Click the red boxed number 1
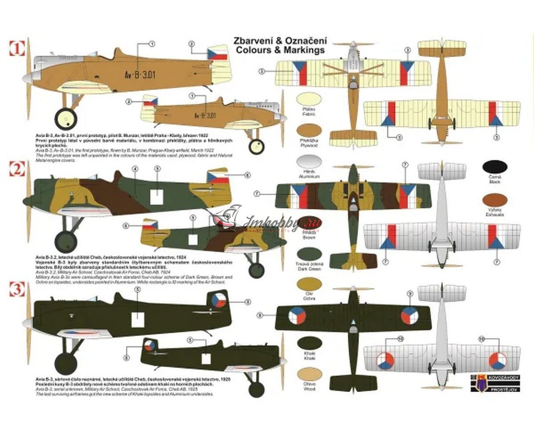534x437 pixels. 17,48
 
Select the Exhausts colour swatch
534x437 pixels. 494,200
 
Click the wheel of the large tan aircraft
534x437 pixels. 66,118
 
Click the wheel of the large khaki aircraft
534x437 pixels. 65,363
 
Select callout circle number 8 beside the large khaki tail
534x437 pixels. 248,302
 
